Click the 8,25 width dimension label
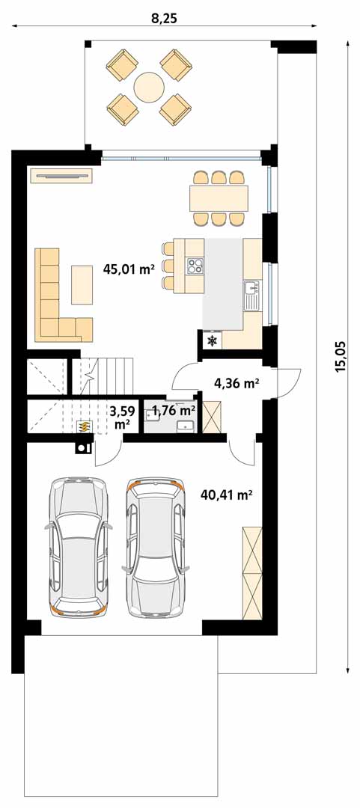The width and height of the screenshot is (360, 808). [164, 19]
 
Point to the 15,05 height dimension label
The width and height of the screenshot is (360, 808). [339, 358]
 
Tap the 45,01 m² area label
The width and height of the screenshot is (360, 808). [129, 269]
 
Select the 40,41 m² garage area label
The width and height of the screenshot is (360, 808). [227, 496]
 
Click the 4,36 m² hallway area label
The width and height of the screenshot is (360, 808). [237, 383]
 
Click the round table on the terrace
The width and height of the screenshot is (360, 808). [149, 87]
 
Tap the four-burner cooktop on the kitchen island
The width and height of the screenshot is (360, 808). [195, 266]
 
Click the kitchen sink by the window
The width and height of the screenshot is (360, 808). [252, 296]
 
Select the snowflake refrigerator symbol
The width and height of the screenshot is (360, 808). [212, 340]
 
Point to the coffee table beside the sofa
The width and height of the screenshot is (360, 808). [82, 284]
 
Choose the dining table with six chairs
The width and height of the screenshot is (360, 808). [219, 198]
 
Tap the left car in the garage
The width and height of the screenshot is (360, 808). [79, 547]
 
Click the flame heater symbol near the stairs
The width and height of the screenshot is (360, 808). [84, 426]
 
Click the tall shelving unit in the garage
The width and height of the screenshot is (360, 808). [252, 572]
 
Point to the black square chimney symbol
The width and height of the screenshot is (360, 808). [82, 448]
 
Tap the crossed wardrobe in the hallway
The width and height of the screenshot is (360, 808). [213, 415]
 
